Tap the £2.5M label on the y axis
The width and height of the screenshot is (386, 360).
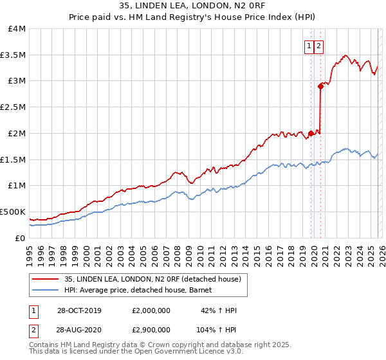(x=13, y=107)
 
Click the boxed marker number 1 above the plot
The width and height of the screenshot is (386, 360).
(x=309, y=46)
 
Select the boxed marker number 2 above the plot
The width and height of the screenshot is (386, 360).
(x=319, y=46)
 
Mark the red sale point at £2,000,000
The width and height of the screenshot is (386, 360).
(x=311, y=133)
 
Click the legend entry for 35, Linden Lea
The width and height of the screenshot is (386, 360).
(x=152, y=279)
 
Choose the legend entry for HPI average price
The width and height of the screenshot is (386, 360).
(x=142, y=291)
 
